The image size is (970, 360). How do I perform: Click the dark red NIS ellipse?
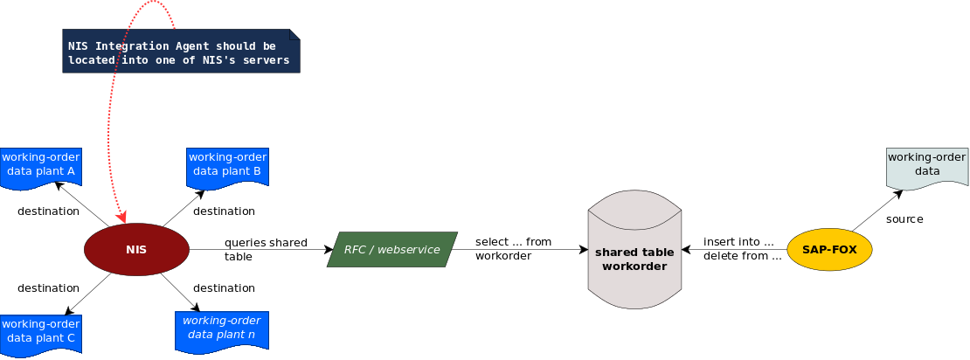click(136, 250)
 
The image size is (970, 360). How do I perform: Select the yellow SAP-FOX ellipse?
click(829, 250)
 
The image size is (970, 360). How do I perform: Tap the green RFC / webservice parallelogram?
click(392, 250)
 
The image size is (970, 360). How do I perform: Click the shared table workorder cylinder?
click(634, 253)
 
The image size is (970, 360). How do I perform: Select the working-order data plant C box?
click(41, 332)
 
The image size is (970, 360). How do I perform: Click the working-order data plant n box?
click(221, 330)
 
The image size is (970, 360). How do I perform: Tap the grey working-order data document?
click(927, 167)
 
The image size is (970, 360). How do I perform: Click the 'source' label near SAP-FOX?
click(904, 219)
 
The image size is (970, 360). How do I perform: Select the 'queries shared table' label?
click(266, 250)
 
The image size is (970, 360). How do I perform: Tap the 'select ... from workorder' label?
click(514, 248)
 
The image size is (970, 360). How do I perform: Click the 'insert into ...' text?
click(738, 242)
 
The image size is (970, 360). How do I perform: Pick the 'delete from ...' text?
click(742, 256)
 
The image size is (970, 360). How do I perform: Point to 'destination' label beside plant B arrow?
click(224, 211)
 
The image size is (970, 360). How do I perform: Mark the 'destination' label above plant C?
click(49, 288)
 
